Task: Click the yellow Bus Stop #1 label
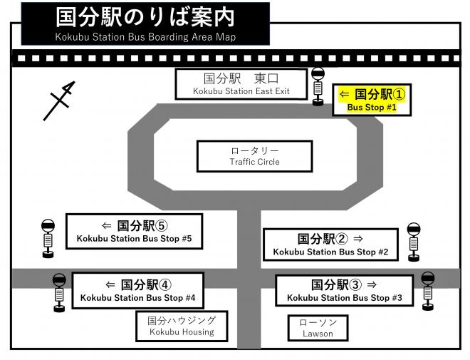pyautogui.click(x=372, y=100)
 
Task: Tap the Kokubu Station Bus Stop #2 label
pyautogui.click(x=330, y=245)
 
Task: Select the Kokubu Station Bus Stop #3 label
pyautogui.click(x=344, y=290)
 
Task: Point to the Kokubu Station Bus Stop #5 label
pyautogui.click(x=135, y=231)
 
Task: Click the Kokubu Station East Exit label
pyautogui.click(x=241, y=84)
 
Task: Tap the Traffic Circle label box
pyautogui.click(x=254, y=156)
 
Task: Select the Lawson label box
pyautogui.click(x=318, y=328)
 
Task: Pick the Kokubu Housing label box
pyautogui.click(x=182, y=326)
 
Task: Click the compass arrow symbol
pyautogui.click(x=59, y=101)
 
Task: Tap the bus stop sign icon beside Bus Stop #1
pyautogui.click(x=318, y=84)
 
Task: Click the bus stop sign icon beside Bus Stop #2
pyautogui.click(x=414, y=240)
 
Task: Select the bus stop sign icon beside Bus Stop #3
pyautogui.click(x=428, y=289)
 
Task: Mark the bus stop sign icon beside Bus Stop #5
pyautogui.click(x=48, y=235)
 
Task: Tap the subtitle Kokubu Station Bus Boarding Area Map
pyautogui.click(x=145, y=36)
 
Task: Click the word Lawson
pyautogui.click(x=318, y=334)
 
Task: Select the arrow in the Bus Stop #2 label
pyautogui.click(x=358, y=238)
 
